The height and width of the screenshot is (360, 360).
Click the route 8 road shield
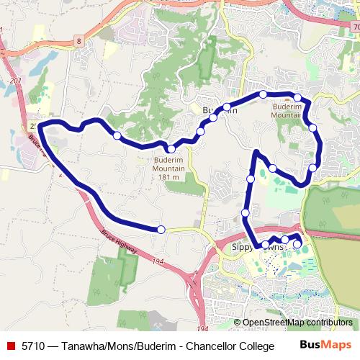78,42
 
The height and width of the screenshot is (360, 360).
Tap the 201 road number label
16,82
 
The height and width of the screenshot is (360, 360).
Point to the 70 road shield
356,27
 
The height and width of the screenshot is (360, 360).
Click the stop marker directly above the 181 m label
171,149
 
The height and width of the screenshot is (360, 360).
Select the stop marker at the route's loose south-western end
161,229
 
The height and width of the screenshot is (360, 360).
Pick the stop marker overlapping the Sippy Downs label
264,246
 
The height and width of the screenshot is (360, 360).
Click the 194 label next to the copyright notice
202,328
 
